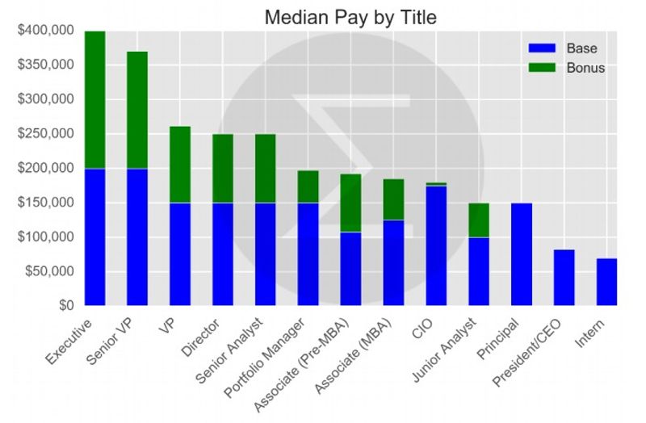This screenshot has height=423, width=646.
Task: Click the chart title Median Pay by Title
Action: pyautogui.click(x=349, y=17)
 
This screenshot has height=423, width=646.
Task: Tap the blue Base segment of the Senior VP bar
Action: pyautogui.click(x=137, y=237)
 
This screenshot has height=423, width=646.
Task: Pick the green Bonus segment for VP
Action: pyautogui.click(x=180, y=165)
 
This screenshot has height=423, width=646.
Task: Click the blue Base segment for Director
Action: pyautogui.click(x=223, y=254)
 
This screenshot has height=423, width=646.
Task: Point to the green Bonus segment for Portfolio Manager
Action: pyautogui.click(x=308, y=186)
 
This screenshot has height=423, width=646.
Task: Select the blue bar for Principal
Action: pyautogui.click(x=522, y=254)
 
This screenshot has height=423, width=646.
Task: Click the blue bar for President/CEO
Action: pyautogui.click(x=564, y=278)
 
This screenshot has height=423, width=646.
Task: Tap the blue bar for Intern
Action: pyautogui.click(x=606, y=282)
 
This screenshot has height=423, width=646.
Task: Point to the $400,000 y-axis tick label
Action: pyautogui.click(x=45, y=31)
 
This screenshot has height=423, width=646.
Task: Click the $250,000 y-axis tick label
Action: pyautogui.click(x=45, y=134)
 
